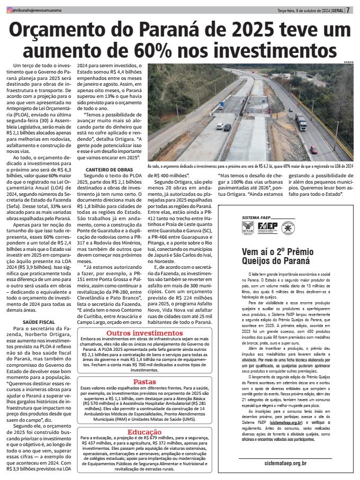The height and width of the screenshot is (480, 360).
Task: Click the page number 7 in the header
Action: (x=348, y=10)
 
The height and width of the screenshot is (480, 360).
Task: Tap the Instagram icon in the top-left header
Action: (x=7, y=10)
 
